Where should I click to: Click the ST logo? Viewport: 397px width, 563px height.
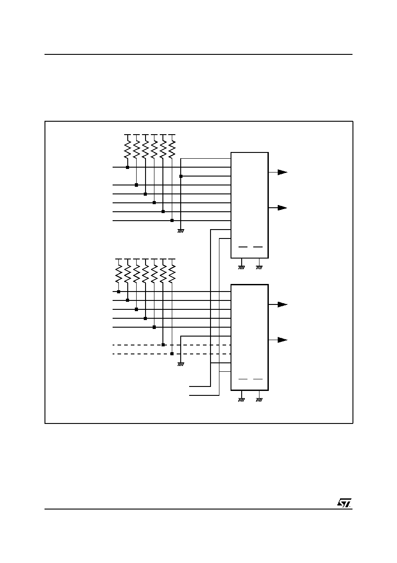pos(344,503)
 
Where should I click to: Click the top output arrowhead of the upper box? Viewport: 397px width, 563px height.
pos(282,173)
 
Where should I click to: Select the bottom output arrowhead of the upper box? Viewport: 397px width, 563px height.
pos(282,208)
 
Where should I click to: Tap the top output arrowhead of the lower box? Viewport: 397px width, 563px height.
pos(282,304)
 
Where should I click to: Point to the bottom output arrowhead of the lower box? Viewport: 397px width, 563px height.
pos(282,340)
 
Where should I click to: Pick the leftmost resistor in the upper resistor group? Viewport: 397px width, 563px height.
pos(127,149)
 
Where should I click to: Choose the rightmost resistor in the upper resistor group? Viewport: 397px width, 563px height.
pos(172,149)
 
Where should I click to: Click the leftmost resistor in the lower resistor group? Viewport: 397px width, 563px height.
pos(119,274)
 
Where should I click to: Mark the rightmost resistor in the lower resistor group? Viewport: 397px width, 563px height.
pos(172,274)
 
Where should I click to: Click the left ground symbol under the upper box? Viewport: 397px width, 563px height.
pos(241,267)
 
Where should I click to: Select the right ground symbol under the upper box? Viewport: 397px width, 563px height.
pos(259,267)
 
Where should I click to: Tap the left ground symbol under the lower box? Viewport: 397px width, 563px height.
pos(241,400)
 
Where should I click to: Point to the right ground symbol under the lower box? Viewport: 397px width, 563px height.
pos(259,400)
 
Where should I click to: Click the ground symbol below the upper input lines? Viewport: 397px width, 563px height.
pos(181,231)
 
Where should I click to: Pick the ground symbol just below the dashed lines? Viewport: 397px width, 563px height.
pos(181,364)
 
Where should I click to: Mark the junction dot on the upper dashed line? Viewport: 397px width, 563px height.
pos(163,345)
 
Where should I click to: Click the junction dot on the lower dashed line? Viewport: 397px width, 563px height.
pos(172,354)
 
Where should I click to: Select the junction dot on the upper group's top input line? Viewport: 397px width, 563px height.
pos(127,168)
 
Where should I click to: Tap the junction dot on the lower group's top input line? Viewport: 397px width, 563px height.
pos(119,292)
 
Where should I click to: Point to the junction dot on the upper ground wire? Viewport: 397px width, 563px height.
pos(181,177)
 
